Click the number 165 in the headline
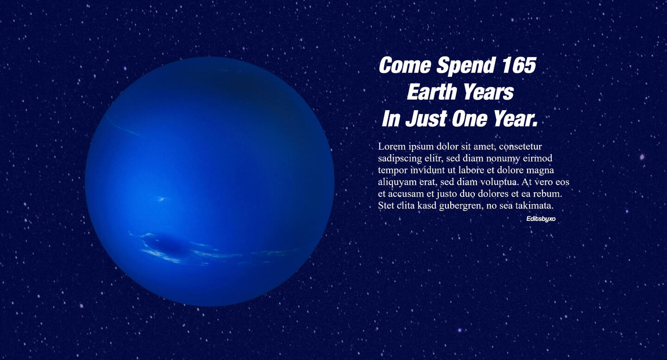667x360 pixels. (x=519, y=65)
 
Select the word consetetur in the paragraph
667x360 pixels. (x=521, y=147)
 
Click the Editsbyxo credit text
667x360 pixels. (x=541, y=219)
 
